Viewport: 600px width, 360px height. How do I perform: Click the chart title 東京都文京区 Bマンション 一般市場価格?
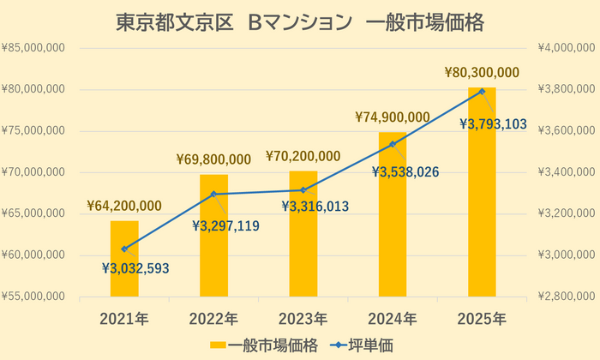click(300, 23)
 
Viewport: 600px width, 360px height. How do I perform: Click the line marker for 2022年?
click(213, 194)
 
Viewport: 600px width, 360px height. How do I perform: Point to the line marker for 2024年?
click(393, 144)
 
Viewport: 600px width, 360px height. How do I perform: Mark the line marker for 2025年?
click(482, 91)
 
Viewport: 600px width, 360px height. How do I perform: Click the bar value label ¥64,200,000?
click(124, 206)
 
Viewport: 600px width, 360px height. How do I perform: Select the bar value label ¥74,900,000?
click(393, 117)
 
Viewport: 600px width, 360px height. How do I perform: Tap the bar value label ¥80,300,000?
click(482, 73)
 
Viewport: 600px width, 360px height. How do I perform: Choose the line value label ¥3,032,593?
click(135, 268)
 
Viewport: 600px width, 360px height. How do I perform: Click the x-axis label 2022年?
click(213, 320)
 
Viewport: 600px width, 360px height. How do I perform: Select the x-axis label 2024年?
click(393, 320)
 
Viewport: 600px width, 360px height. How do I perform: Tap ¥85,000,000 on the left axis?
click(34, 48)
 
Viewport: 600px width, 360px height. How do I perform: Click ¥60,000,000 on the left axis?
click(34, 255)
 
